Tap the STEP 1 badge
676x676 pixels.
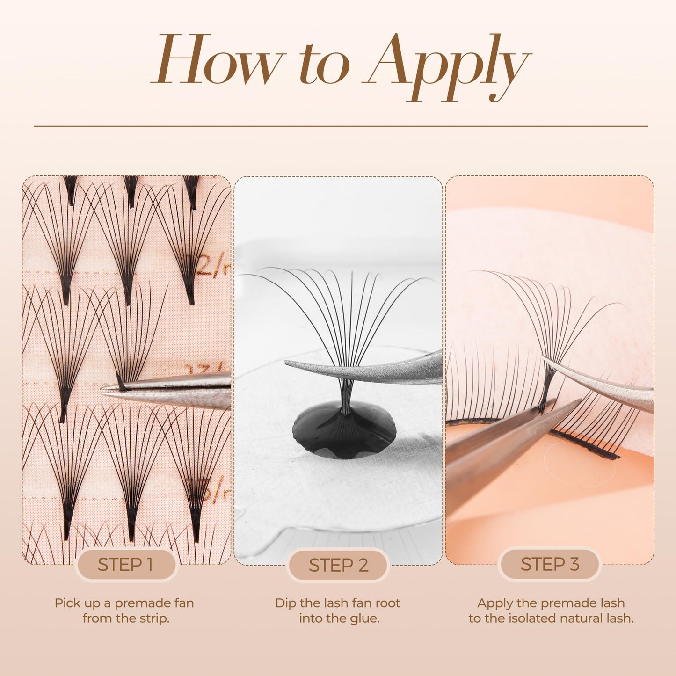coord(125,564)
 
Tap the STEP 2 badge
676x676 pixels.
coord(338,565)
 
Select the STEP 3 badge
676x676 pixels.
coord(550,564)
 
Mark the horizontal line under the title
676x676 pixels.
coord(341,126)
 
